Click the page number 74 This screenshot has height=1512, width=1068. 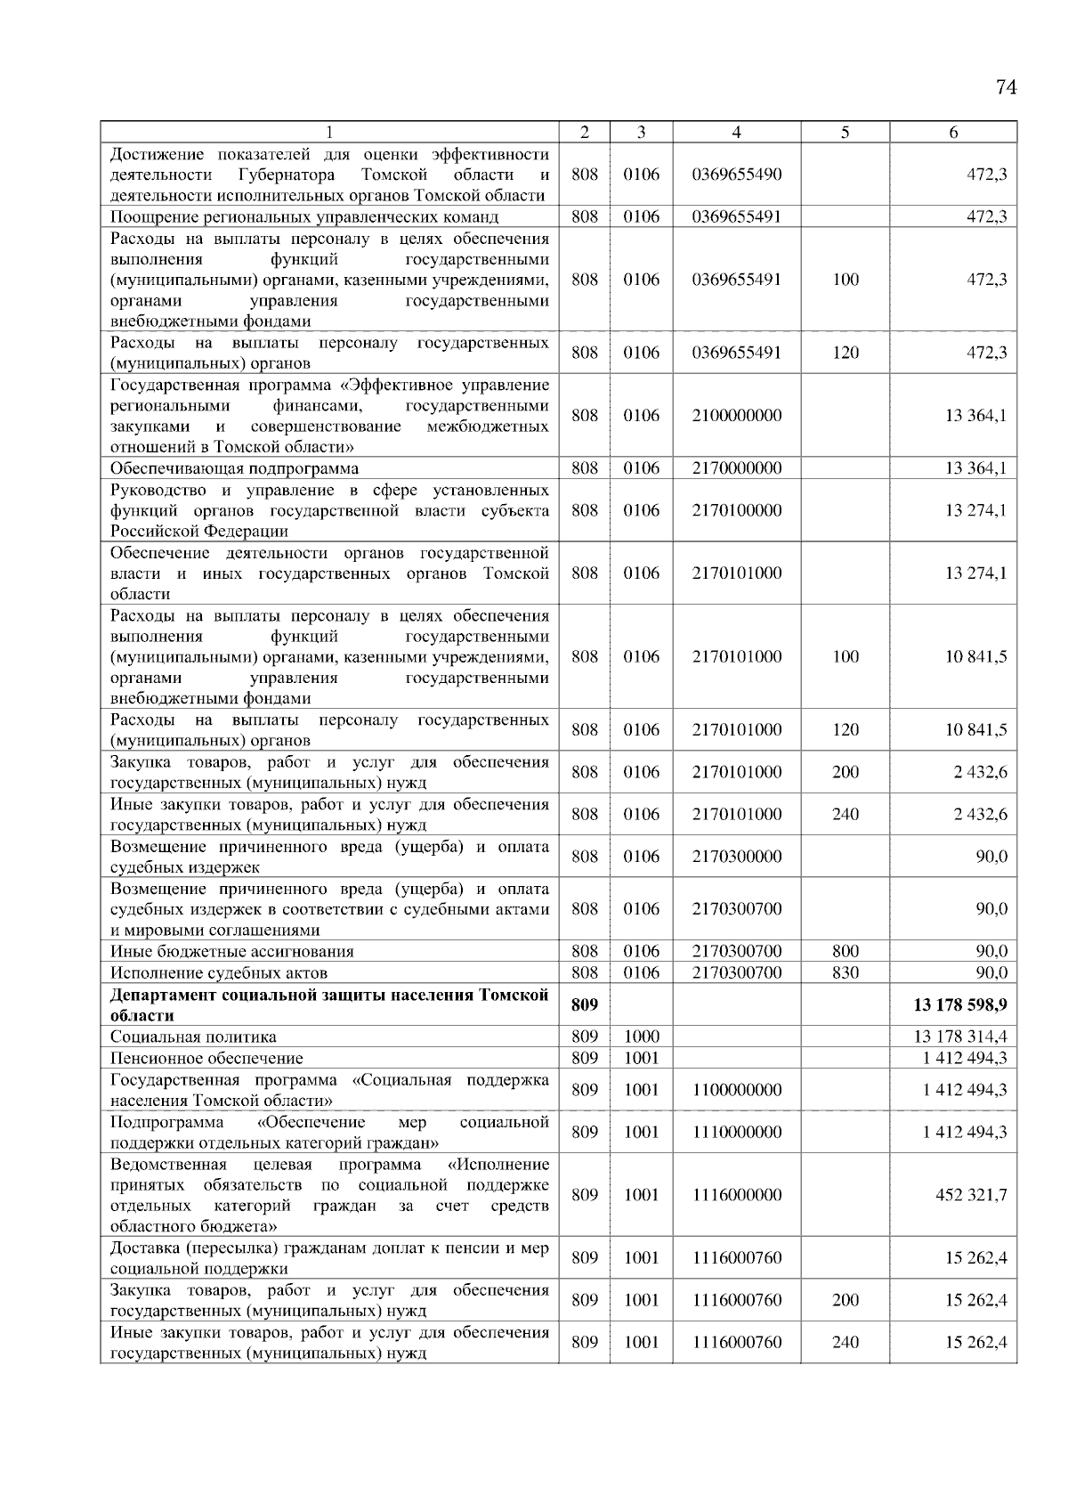pos(1006,87)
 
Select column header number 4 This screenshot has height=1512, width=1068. pos(736,132)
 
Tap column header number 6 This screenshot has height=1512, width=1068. pos(953,132)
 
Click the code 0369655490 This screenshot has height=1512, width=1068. pos(736,175)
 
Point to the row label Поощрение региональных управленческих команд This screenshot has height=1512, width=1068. pos(304,217)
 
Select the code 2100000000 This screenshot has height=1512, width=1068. pos(736,416)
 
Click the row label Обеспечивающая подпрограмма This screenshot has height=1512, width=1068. pos(235,469)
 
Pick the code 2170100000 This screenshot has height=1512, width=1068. pos(736,511)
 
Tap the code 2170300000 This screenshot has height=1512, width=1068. pos(736,857)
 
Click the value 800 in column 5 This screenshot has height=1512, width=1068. pos(845,952)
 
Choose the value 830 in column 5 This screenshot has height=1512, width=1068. pos(845,973)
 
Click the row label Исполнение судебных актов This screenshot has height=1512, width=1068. pos(219,973)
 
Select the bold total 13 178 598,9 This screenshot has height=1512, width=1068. pos(959,1005)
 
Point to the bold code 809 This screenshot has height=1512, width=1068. pos(584,1005)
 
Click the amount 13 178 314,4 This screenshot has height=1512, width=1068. pos(959,1037)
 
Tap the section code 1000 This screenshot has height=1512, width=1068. pos(641,1037)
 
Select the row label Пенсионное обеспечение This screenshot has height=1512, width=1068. pos(206,1059)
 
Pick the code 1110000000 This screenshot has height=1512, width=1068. pos(736,1133)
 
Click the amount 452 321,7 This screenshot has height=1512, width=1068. pos(971,1195)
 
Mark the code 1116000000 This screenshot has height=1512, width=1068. pos(736,1195)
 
